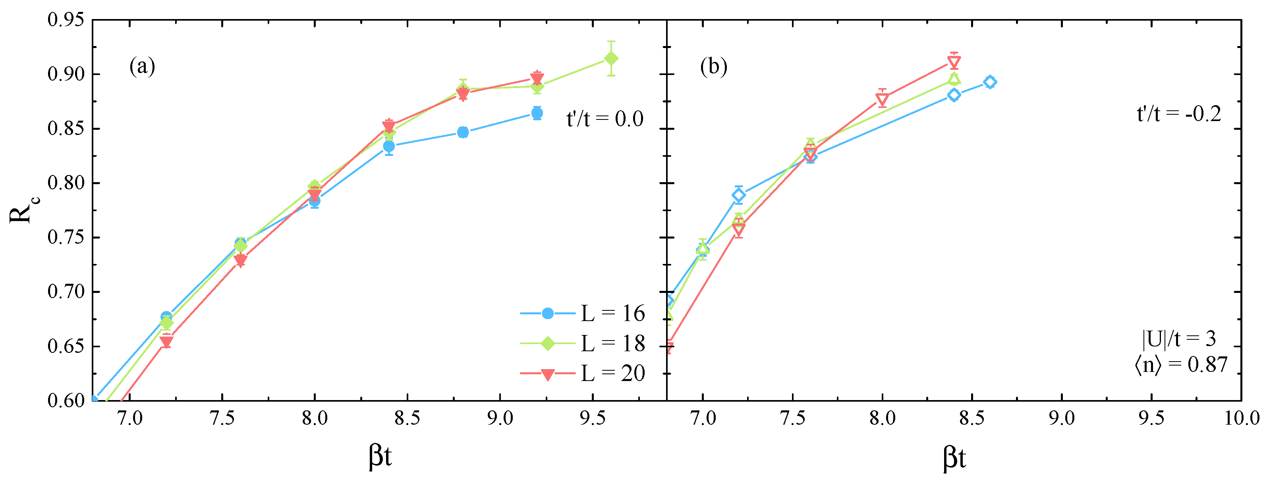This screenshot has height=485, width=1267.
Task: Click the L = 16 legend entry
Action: pos(583,314)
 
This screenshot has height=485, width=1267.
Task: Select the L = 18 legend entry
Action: pos(583,343)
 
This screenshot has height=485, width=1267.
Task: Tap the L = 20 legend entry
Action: pos(583,374)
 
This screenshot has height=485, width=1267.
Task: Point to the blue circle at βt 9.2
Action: pos(537,114)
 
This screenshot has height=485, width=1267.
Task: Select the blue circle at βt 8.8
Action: pos(463,132)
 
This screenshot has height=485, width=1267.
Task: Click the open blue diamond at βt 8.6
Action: pos(990,82)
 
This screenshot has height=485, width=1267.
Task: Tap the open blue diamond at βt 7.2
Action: pos(738,195)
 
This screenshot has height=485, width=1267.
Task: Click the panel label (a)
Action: pos(142,66)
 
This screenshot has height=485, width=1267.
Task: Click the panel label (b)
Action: pos(713,66)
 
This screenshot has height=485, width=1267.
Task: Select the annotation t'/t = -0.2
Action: pos(1178,114)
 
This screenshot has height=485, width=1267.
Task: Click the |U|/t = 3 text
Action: pos(1178,339)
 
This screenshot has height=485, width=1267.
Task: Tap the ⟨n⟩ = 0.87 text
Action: pos(1180,365)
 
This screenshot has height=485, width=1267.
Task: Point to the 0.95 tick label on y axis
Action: pos(66,20)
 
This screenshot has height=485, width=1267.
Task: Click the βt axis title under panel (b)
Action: pos(954,458)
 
